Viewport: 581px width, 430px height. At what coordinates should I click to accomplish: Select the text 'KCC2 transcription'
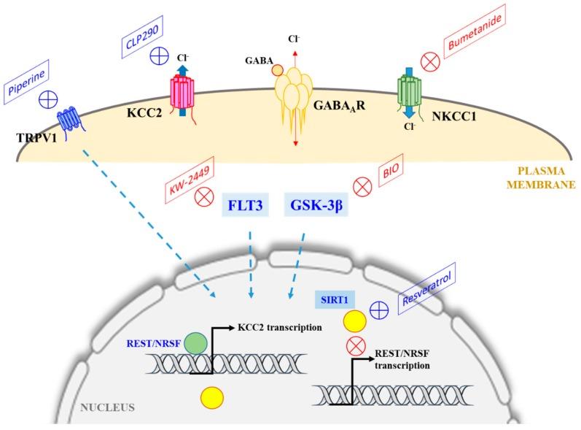coord(280,328)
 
